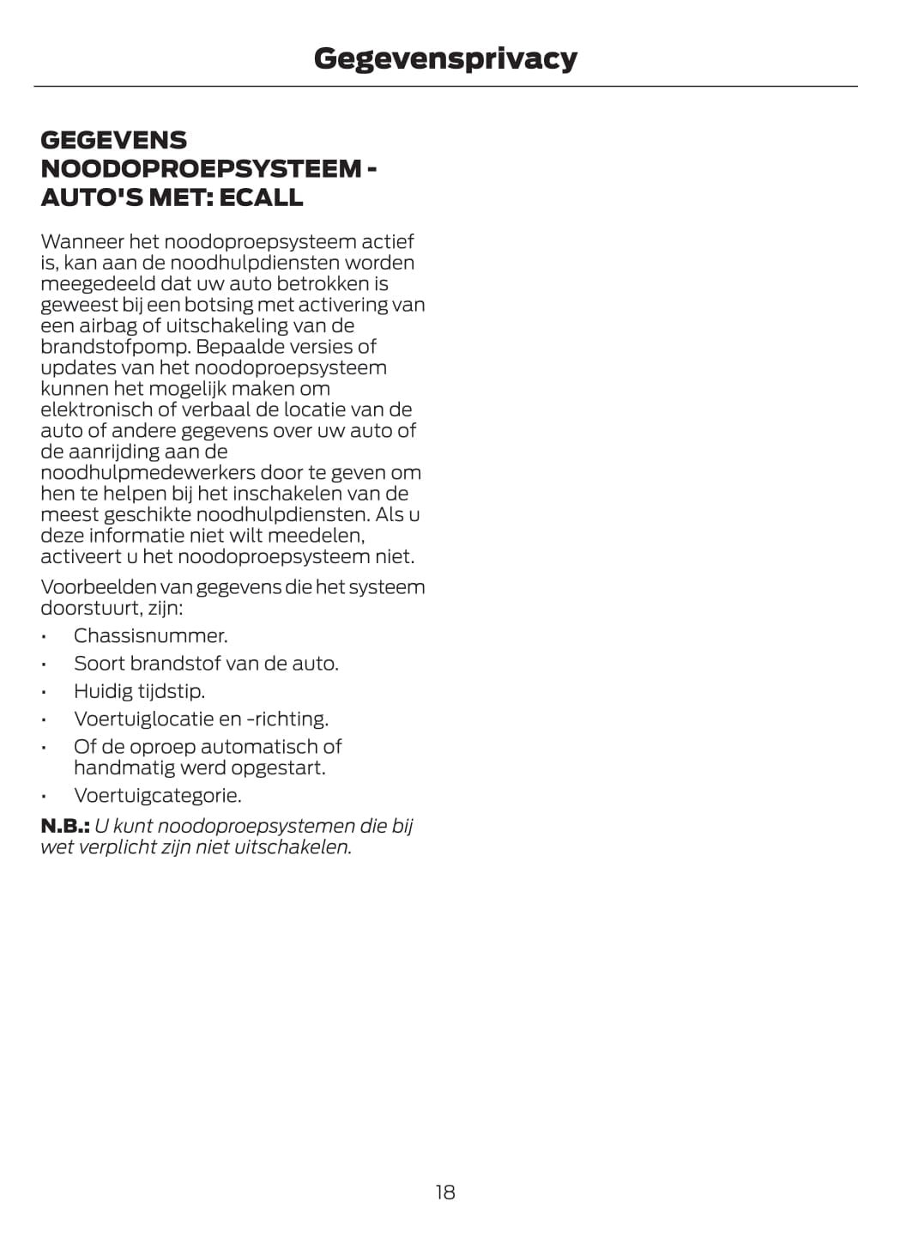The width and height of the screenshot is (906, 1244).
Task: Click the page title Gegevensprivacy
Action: tap(445, 58)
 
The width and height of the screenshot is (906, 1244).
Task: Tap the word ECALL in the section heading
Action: tap(261, 197)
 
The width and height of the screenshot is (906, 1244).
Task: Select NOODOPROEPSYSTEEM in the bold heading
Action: tap(202, 168)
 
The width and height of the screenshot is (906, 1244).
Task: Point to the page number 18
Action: tap(445, 1192)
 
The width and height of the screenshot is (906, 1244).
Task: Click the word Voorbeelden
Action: tap(99, 588)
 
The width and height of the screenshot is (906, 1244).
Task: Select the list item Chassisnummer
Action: tap(150, 636)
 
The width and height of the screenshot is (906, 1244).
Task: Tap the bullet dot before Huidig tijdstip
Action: tap(43, 692)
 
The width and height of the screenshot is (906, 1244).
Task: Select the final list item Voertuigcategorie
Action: tap(157, 796)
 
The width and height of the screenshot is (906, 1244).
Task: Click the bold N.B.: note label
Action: tap(65, 827)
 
